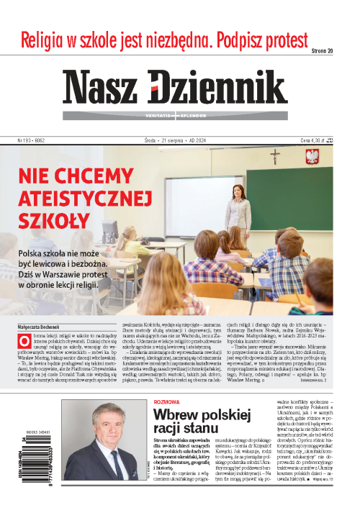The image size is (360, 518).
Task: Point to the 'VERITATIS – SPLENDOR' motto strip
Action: point(174,115)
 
